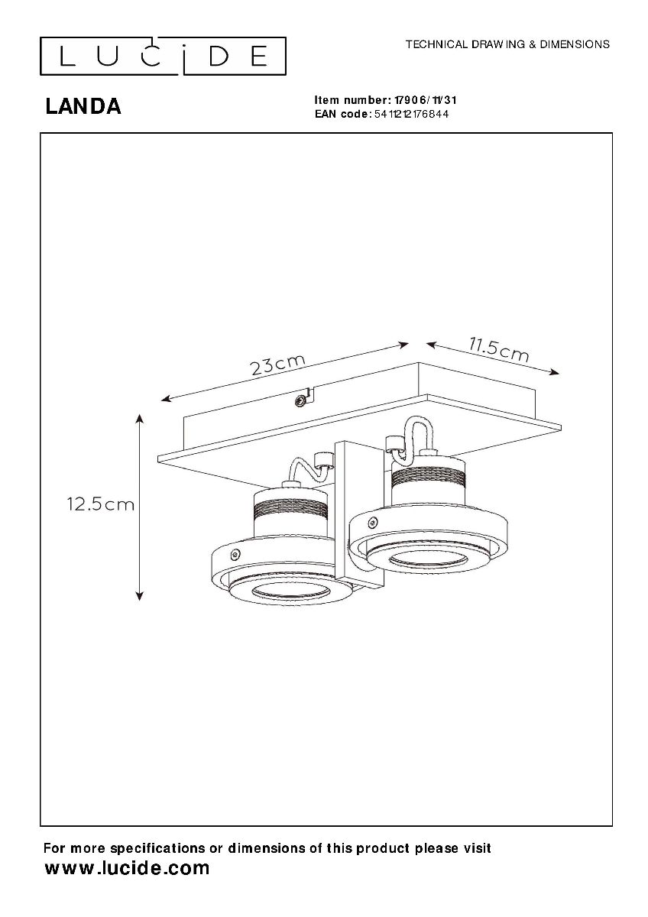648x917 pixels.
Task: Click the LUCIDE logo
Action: click(163, 57)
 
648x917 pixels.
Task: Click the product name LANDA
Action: click(83, 107)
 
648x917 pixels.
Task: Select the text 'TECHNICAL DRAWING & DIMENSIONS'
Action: click(507, 44)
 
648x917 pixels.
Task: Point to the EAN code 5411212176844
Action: click(411, 114)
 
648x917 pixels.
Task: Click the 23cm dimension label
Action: click(278, 364)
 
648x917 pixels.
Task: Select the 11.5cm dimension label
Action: click(499, 350)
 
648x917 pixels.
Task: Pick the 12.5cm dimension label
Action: click(101, 504)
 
